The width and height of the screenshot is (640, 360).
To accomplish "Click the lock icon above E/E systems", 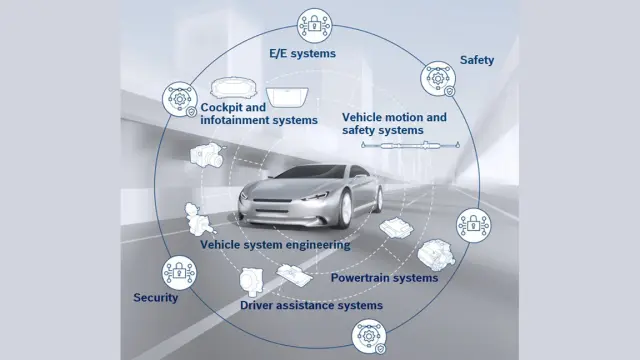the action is [314, 25].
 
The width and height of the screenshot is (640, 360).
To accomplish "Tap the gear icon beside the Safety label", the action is [438, 78].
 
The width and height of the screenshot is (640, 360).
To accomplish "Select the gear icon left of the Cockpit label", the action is [180, 99].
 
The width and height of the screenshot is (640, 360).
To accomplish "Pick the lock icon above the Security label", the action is [179, 273].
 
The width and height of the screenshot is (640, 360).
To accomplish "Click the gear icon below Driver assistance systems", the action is [369, 337].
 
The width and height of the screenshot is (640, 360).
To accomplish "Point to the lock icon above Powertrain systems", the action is [473, 225].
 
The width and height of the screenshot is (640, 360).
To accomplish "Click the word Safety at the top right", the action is [477, 60].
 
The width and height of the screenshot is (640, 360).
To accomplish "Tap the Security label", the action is [156, 298].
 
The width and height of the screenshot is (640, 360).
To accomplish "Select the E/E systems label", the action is [302, 53].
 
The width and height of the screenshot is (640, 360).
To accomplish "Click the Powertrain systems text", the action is [384, 278].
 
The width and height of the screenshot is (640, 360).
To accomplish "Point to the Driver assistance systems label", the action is [311, 305].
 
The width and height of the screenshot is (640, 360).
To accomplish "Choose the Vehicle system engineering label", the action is [275, 245].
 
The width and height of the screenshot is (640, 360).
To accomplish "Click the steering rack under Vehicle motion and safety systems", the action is [410, 144].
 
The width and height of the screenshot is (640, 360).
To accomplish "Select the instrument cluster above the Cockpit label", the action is [231, 88].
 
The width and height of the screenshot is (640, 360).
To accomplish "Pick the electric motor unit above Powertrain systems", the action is [436, 255].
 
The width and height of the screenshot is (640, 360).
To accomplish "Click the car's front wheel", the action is [345, 209].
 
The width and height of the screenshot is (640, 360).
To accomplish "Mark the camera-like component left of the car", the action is [207, 155].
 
